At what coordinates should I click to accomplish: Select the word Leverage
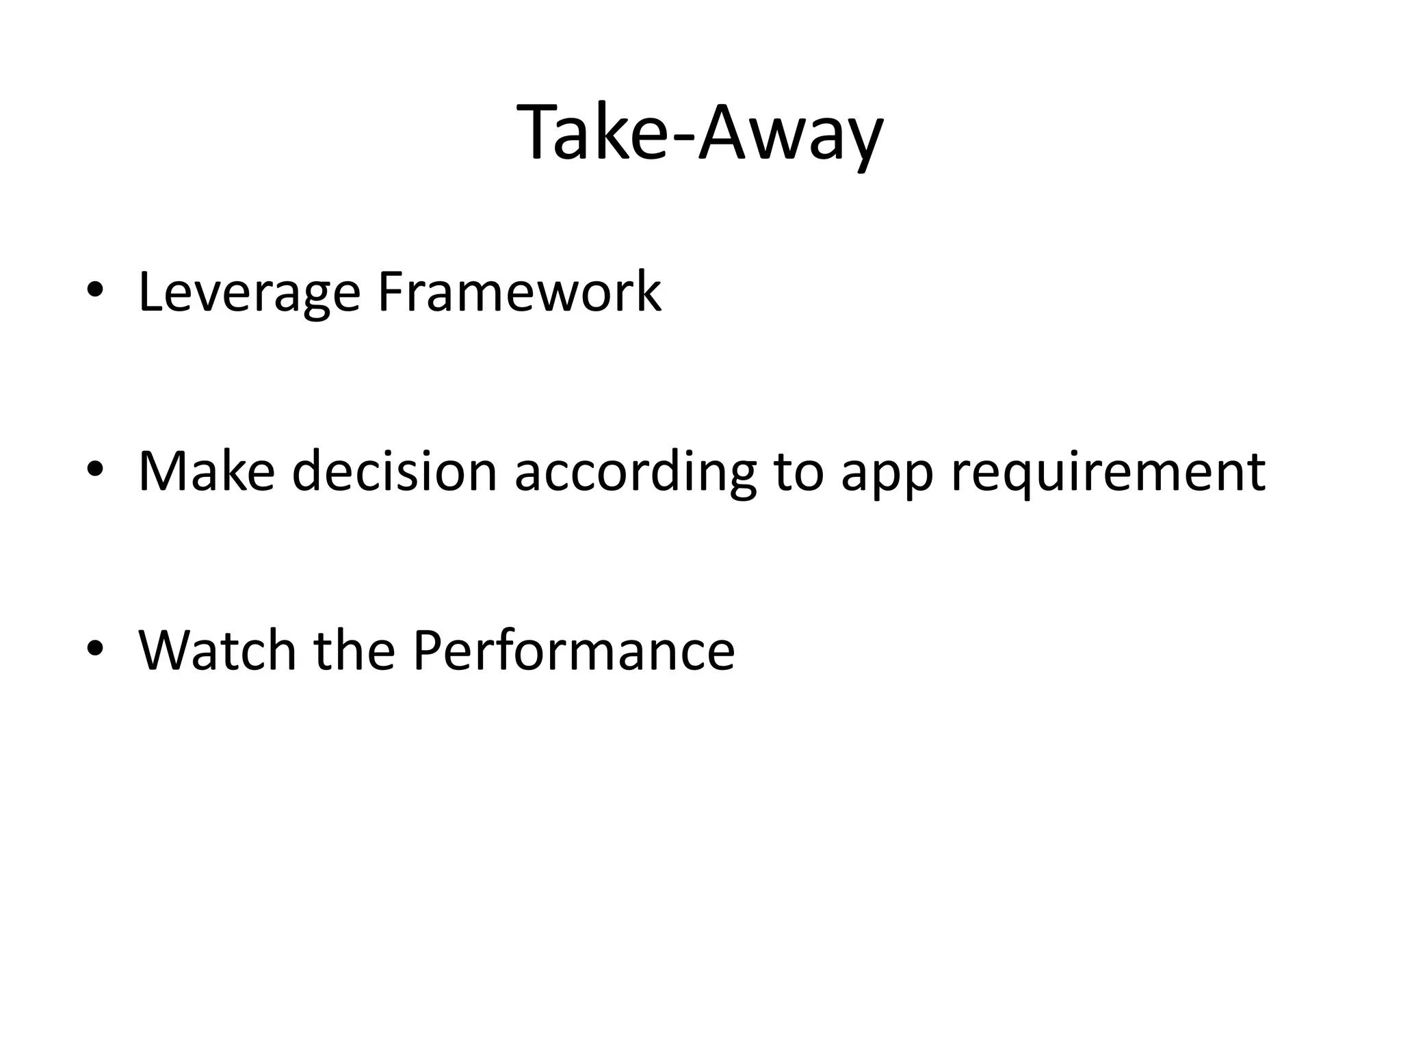point(249,293)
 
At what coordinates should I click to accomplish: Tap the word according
point(636,472)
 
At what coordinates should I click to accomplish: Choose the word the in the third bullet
point(354,650)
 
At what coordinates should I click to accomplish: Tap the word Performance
point(573,650)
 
